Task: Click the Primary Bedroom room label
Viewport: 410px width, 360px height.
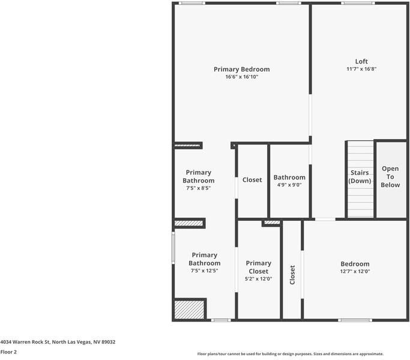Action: pyautogui.click(x=241, y=69)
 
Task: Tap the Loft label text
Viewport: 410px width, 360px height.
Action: pyautogui.click(x=361, y=61)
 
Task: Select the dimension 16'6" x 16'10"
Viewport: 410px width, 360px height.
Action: pyautogui.click(x=241, y=77)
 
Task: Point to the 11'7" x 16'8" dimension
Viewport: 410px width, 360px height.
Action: pyautogui.click(x=361, y=69)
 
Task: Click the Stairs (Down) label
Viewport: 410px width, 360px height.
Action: pyautogui.click(x=360, y=177)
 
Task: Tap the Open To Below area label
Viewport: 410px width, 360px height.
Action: pyautogui.click(x=390, y=177)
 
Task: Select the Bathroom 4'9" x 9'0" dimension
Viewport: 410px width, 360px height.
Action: pyautogui.click(x=289, y=185)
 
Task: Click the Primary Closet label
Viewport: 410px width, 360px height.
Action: pyautogui.click(x=258, y=267)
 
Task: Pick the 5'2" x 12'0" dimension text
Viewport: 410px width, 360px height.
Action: pyautogui.click(x=258, y=278)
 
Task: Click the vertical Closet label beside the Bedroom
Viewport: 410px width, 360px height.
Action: pyautogui.click(x=292, y=275)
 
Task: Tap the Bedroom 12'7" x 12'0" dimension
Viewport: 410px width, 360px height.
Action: pyautogui.click(x=355, y=272)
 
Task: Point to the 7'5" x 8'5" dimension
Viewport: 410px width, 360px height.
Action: pyautogui.click(x=198, y=188)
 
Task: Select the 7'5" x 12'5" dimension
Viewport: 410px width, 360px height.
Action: pyautogui.click(x=204, y=271)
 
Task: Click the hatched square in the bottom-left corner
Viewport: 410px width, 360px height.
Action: pyautogui.click(x=189, y=310)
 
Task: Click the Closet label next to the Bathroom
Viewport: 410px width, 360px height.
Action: pyautogui.click(x=252, y=180)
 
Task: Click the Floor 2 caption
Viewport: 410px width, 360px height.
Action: pyautogui.click(x=8, y=352)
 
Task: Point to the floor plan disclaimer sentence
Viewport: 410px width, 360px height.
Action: pyautogui.click(x=290, y=354)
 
